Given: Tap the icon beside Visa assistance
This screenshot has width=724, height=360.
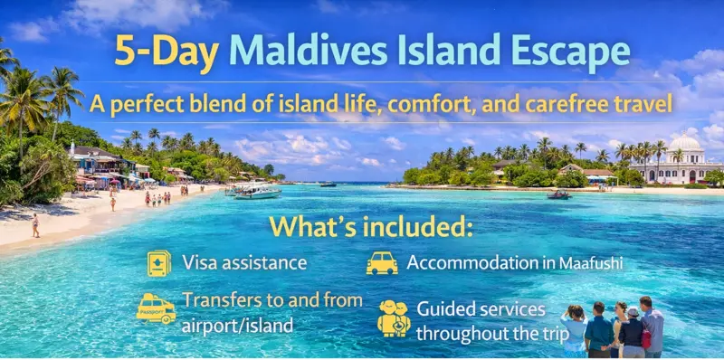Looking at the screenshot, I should (159, 263).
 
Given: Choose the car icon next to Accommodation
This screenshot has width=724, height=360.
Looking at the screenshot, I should (381, 262).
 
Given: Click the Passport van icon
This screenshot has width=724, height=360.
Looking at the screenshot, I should (156, 308).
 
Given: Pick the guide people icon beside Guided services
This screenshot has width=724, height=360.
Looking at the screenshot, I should (394, 317).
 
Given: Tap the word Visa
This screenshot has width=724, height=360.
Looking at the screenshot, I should (200, 263).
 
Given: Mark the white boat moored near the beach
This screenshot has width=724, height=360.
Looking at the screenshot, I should (257, 191).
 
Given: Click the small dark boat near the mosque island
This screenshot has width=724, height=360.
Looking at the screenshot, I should (558, 194).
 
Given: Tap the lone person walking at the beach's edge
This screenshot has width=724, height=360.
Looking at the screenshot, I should (35, 225).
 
